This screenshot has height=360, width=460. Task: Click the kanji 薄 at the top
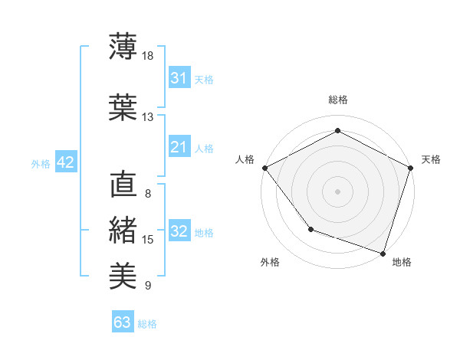pos(123,46)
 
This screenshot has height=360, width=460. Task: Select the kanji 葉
pos(123,106)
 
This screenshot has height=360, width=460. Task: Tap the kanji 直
pos(123,185)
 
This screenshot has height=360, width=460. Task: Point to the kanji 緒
pos(123,230)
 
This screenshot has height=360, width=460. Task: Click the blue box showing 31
pos(179,78)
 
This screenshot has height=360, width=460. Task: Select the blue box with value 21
pos(179,147)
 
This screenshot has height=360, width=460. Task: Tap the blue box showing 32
pos(179,231)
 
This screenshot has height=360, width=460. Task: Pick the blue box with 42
pos(65,162)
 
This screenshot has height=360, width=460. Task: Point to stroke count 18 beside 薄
pos(148,55)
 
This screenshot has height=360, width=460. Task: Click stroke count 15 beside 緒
pos(148,240)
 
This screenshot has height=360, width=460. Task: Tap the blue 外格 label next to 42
pos(41,163)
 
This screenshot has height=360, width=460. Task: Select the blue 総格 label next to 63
pos(147,324)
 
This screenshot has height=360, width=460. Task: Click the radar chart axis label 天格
pos(432,159)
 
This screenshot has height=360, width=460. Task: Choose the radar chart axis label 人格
pos(245,159)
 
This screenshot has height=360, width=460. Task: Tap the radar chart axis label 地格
pos(402,262)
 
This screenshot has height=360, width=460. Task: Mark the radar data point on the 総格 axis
pos(337,131)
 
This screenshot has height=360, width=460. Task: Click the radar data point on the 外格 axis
pos(310,228)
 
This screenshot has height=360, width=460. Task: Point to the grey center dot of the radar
pos(337,191)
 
